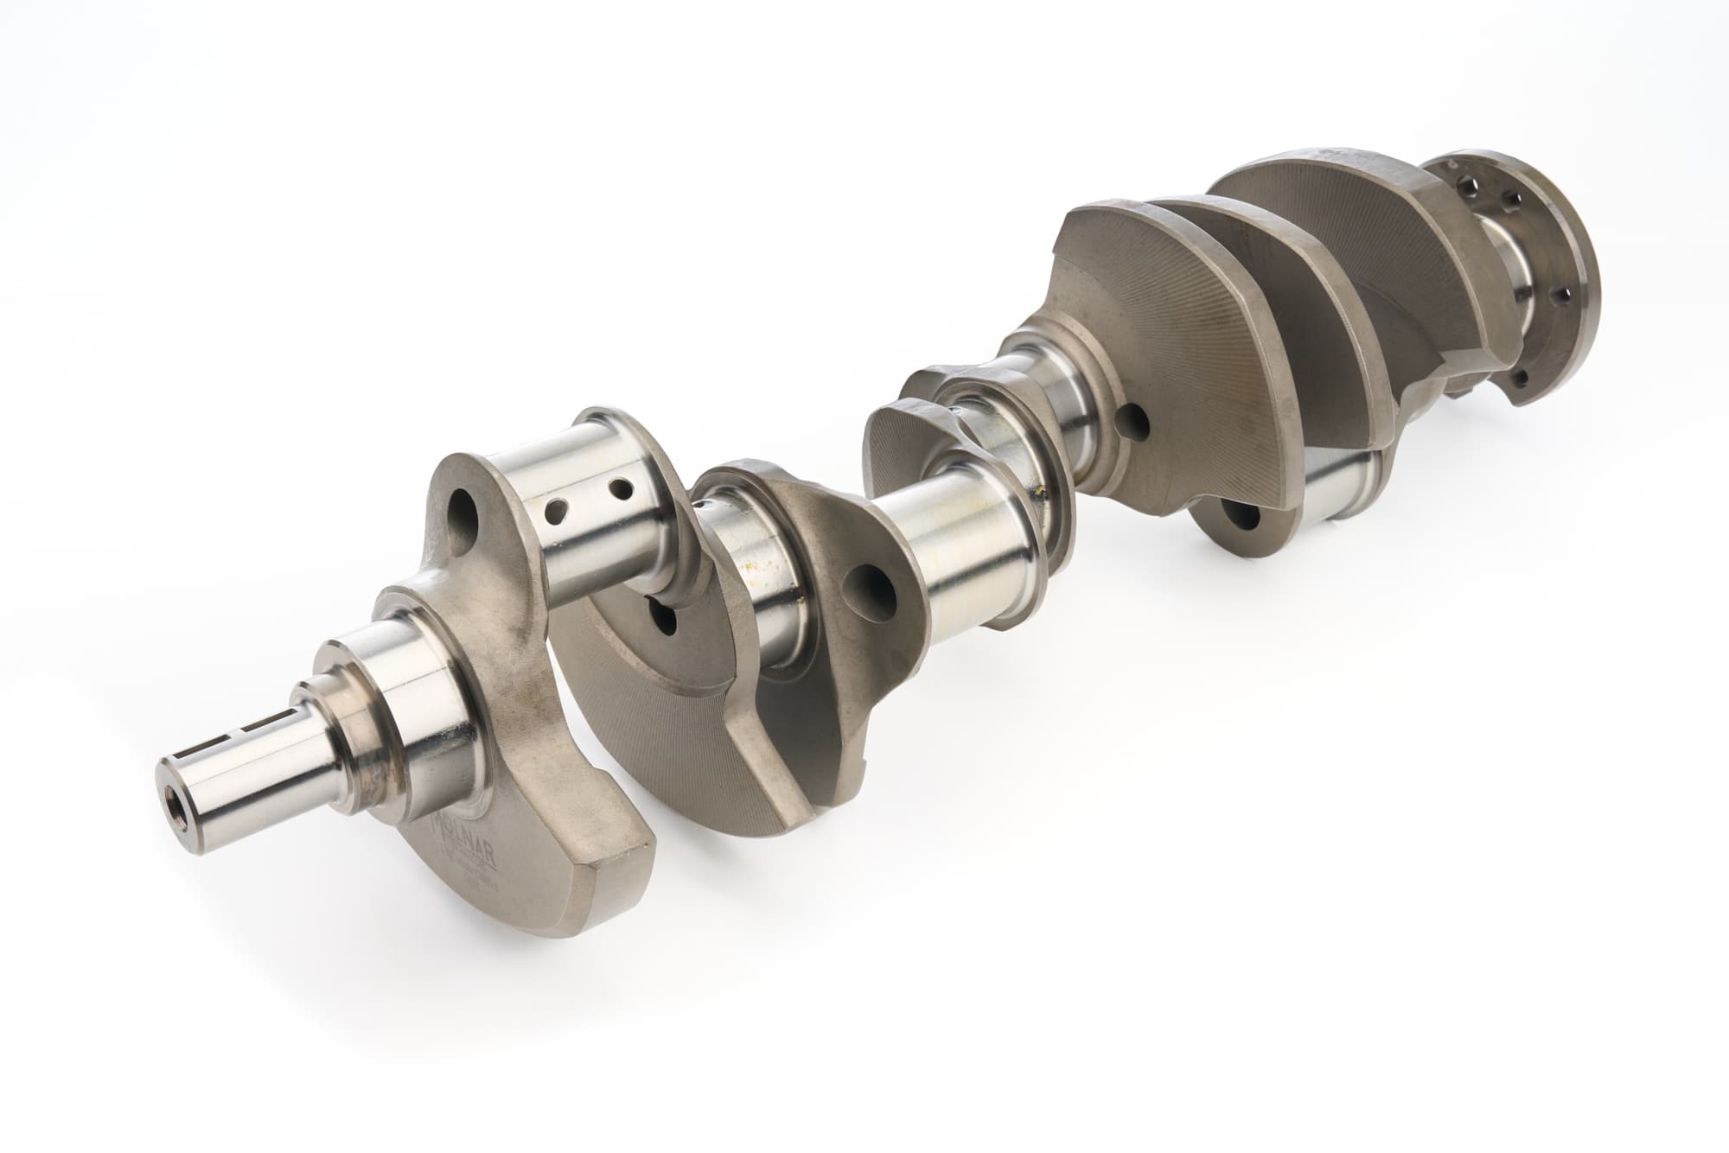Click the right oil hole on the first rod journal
pos(619,489)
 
